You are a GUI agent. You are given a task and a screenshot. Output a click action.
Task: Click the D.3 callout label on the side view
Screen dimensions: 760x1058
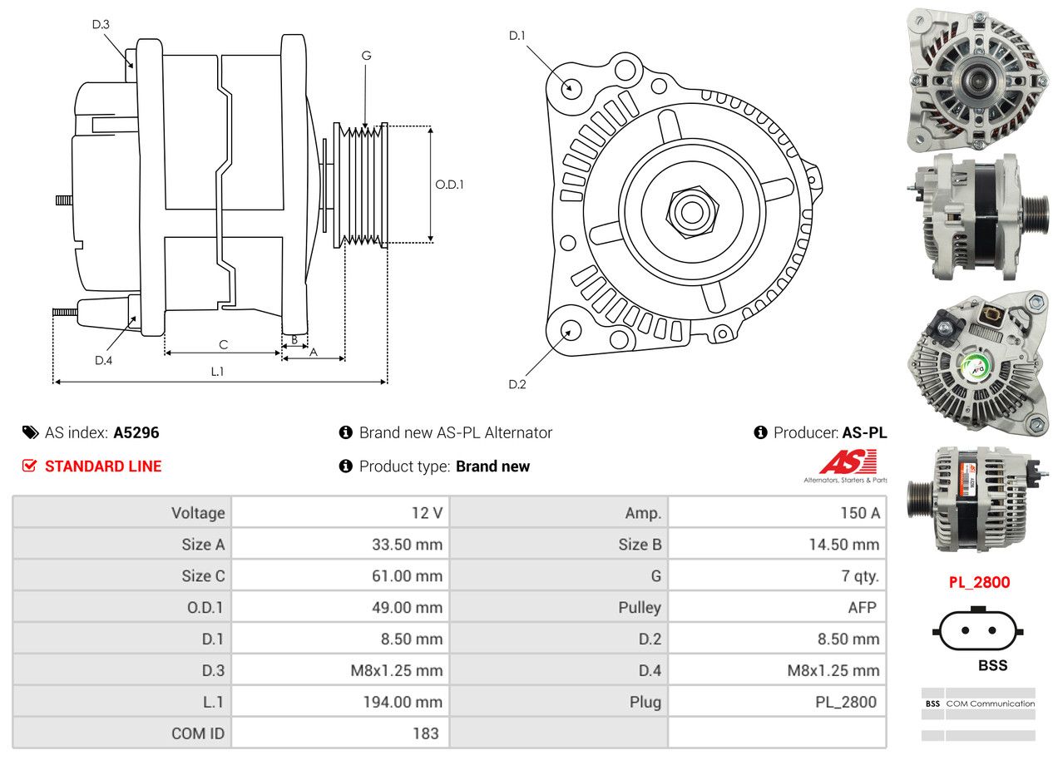coord(101,24)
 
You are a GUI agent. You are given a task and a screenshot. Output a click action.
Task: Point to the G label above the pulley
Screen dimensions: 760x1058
coord(366,56)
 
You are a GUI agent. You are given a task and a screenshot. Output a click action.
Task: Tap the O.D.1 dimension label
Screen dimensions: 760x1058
coord(450,185)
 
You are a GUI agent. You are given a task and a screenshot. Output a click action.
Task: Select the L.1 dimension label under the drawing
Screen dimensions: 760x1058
coord(217,372)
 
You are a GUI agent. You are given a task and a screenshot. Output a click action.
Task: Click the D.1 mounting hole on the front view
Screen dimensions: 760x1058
coord(571,87)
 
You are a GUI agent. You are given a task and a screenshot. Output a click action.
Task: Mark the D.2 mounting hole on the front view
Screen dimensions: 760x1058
coord(570,331)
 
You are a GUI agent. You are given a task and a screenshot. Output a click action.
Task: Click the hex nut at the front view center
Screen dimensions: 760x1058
coord(690,210)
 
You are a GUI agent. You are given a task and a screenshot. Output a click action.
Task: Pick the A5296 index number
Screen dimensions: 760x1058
coord(136,432)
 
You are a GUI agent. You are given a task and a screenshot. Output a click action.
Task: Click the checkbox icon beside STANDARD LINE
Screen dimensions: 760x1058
coord(30,466)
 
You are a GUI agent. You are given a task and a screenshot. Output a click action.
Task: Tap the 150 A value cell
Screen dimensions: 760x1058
coord(859,513)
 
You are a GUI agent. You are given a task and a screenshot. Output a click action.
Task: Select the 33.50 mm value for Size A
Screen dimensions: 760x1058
coord(407,545)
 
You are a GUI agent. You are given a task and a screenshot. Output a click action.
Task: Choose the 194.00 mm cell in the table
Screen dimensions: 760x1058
coord(402,702)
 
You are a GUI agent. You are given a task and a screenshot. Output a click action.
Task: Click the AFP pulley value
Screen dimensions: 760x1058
coord(862,607)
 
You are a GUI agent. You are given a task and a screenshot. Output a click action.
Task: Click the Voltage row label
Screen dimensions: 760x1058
coord(198,513)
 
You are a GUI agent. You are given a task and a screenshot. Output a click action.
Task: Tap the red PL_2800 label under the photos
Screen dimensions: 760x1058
coord(979,582)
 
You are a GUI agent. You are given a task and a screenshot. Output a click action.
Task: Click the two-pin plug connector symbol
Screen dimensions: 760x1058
coord(978,630)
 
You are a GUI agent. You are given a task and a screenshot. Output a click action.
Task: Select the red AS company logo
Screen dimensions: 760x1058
coord(848,462)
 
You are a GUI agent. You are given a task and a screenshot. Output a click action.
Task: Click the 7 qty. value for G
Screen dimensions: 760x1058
coord(860,575)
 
